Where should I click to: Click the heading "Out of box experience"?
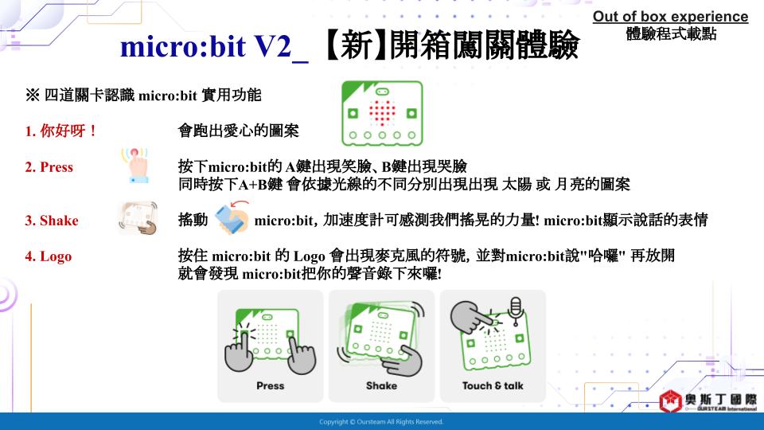[x=670, y=17]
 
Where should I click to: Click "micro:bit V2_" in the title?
[x=214, y=47]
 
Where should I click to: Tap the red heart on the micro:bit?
[x=382, y=113]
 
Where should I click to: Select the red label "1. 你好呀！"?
[x=61, y=131]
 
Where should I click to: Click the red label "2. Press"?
[x=49, y=167]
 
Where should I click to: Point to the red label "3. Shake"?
[x=52, y=221]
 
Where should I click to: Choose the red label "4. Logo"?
[x=49, y=256]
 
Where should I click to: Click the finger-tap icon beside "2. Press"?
[x=135, y=166]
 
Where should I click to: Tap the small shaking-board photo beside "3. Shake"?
[x=138, y=218]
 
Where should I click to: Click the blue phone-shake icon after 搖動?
[x=232, y=217]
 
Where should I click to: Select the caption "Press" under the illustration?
[x=271, y=385]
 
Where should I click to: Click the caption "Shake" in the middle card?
[x=381, y=385]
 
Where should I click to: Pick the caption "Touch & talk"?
[x=493, y=385]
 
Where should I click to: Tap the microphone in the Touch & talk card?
[x=516, y=311]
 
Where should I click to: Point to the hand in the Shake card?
[x=403, y=362]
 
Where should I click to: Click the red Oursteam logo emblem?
[x=670, y=401]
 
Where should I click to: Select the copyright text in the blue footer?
[x=381, y=422]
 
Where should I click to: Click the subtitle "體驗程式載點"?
[x=671, y=33]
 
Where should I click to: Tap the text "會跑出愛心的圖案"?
[x=238, y=131]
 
